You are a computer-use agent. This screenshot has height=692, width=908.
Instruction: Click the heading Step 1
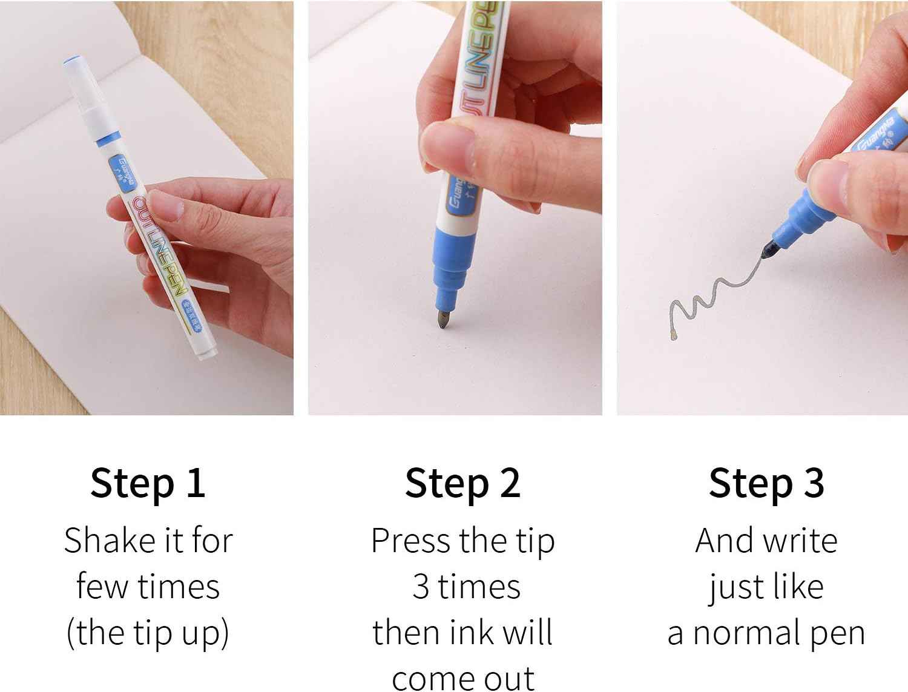pos(148,483)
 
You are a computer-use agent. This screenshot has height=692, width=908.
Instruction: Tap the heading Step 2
pos(462,483)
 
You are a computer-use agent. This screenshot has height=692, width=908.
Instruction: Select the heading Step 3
pos(766,483)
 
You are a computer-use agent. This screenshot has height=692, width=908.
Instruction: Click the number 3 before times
pos(421,587)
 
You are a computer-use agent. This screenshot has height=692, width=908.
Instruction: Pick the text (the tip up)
pos(148,633)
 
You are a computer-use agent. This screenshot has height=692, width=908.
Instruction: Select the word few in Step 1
pos(96,587)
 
